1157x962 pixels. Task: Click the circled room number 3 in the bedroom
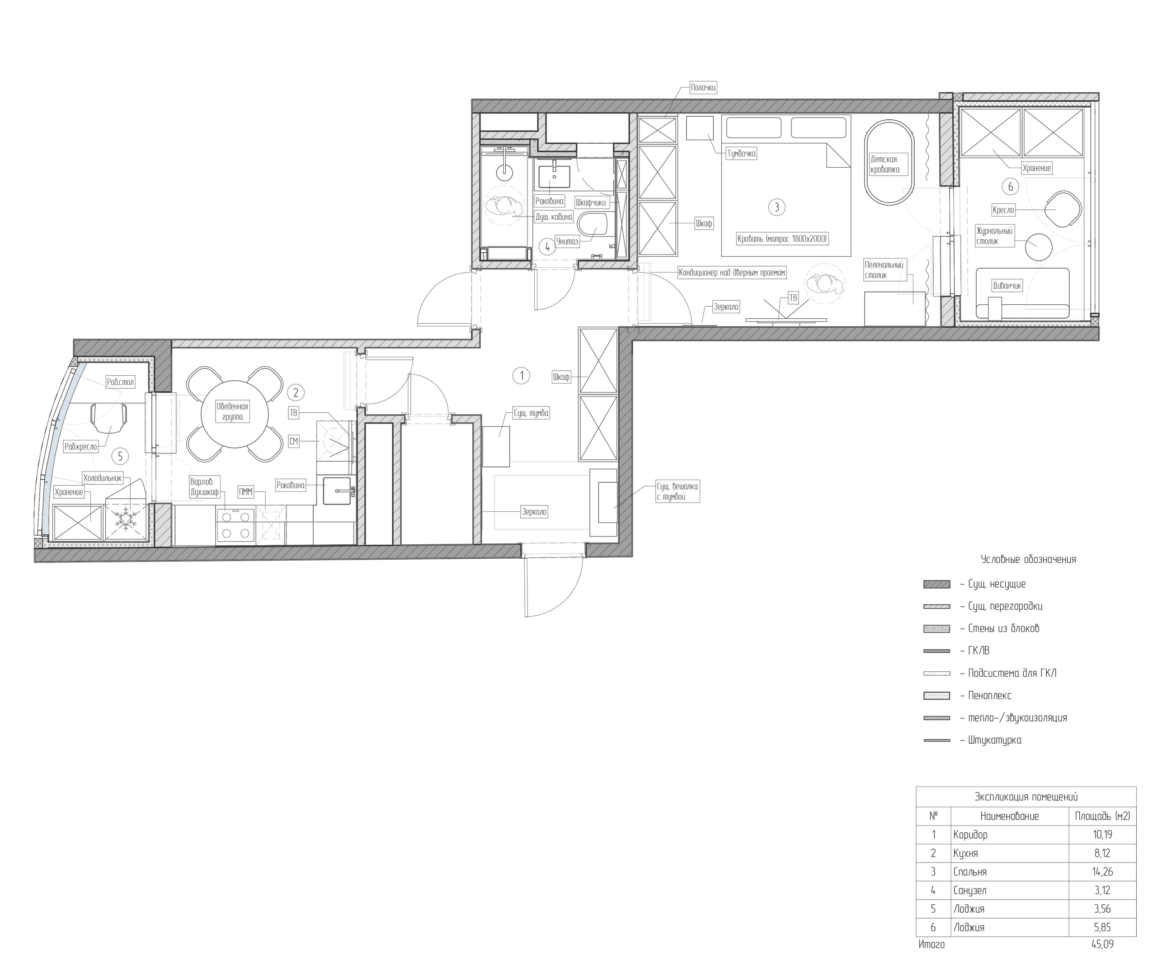pos(777,207)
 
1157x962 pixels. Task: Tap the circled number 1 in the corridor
pos(521,376)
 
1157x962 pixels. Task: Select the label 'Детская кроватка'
pos(885,164)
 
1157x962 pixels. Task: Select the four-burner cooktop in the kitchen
pos(236,525)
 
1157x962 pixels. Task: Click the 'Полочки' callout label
pos(703,88)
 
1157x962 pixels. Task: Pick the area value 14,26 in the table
pos(1102,872)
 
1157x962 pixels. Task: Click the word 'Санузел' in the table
pos(970,891)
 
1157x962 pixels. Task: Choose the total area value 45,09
pos(1102,944)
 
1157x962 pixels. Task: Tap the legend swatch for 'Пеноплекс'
pos(936,696)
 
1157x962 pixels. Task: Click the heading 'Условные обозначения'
pos(1029,560)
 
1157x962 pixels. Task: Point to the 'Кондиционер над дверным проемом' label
pos(732,273)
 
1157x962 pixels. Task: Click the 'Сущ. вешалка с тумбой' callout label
pos(677,491)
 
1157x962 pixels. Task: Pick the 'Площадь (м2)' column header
pos(1102,816)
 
